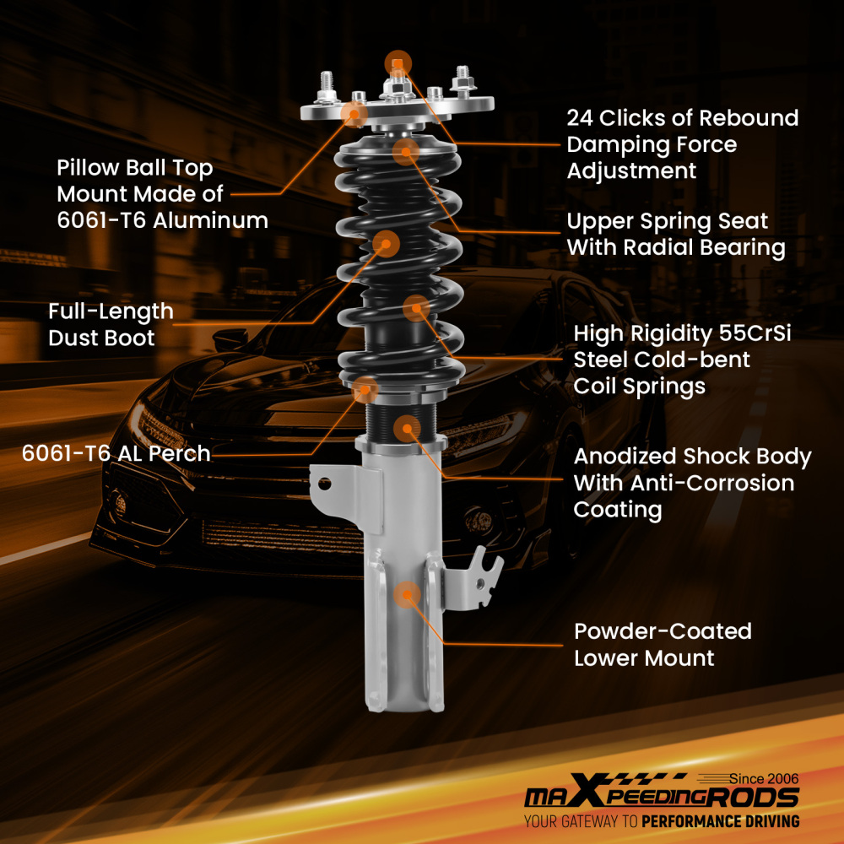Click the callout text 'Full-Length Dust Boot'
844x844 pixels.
(111, 325)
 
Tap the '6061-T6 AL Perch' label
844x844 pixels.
(116, 453)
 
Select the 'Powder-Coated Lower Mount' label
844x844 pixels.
(663, 644)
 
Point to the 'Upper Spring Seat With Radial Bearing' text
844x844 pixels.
(675, 235)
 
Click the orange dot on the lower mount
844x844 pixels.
(407, 594)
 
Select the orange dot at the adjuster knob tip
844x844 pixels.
(398, 63)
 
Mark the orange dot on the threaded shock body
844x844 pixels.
(407, 427)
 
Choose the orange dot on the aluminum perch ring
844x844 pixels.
(365, 389)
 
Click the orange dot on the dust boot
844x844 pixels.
(386, 244)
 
